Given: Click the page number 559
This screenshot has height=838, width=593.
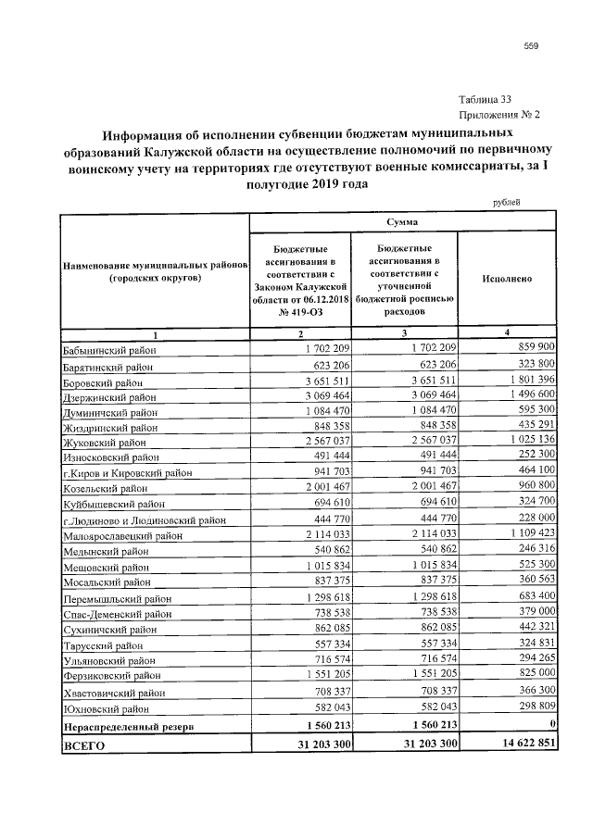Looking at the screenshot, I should (x=531, y=46).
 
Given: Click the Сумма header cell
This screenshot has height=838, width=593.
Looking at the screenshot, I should (x=402, y=223).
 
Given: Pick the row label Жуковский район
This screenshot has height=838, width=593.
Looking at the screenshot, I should (x=103, y=444).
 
